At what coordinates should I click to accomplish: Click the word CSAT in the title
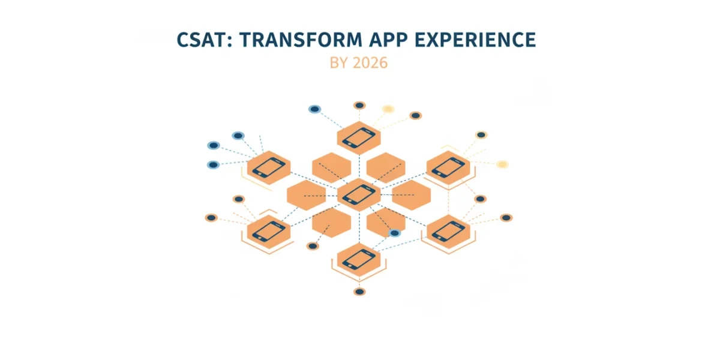(201, 40)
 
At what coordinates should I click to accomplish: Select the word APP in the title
(388, 40)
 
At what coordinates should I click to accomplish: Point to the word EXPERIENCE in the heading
(475, 40)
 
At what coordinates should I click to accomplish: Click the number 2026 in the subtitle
(370, 63)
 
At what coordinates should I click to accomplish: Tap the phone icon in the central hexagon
(359, 194)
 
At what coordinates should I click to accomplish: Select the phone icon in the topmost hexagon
(359, 137)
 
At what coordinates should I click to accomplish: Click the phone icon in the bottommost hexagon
(359, 259)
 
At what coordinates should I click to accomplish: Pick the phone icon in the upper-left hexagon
(269, 167)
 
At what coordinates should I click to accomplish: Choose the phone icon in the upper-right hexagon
(448, 167)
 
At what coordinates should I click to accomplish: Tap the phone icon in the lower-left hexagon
(269, 232)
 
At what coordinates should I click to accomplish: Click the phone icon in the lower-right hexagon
(448, 232)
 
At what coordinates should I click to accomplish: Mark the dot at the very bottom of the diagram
(359, 292)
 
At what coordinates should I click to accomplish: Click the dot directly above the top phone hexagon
(359, 106)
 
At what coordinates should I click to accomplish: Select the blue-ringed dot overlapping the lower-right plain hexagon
(394, 233)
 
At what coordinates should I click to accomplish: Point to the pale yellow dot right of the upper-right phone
(502, 164)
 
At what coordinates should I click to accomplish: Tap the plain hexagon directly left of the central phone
(307, 195)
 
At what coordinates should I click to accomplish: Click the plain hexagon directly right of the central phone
(412, 195)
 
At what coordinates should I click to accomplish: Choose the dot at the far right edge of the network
(506, 218)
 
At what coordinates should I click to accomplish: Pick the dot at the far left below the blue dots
(211, 218)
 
